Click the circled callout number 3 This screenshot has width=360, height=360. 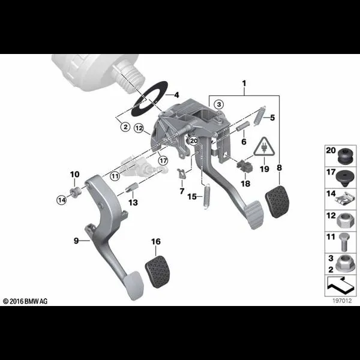[x=219, y=104]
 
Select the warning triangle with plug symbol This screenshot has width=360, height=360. [x=264, y=147]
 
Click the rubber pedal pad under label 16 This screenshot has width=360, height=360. [x=158, y=272]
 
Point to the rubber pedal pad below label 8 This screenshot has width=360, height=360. [x=277, y=202]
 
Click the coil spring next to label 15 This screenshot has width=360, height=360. [x=206, y=197]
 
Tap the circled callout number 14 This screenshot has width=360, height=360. [x=62, y=200]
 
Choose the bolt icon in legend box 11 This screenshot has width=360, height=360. [x=343, y=242]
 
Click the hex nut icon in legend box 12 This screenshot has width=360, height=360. [x=343, y=221]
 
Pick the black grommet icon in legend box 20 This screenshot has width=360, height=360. [x=346, y=156]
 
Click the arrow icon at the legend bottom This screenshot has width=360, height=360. [x=340, y=286]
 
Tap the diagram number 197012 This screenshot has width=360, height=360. [x=342, y=301]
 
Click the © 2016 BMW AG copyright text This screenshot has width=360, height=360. [x=25, y=301]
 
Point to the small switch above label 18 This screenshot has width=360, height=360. [x=245, y=166]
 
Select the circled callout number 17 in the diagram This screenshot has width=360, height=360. [x=163, y=160]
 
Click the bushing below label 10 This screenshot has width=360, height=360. [x=75, y=191]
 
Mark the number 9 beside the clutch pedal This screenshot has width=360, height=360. [x=76, y=241]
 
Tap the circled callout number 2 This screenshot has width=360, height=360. [x=125, y=127]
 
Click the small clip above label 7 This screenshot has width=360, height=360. [x=181, y=173]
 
